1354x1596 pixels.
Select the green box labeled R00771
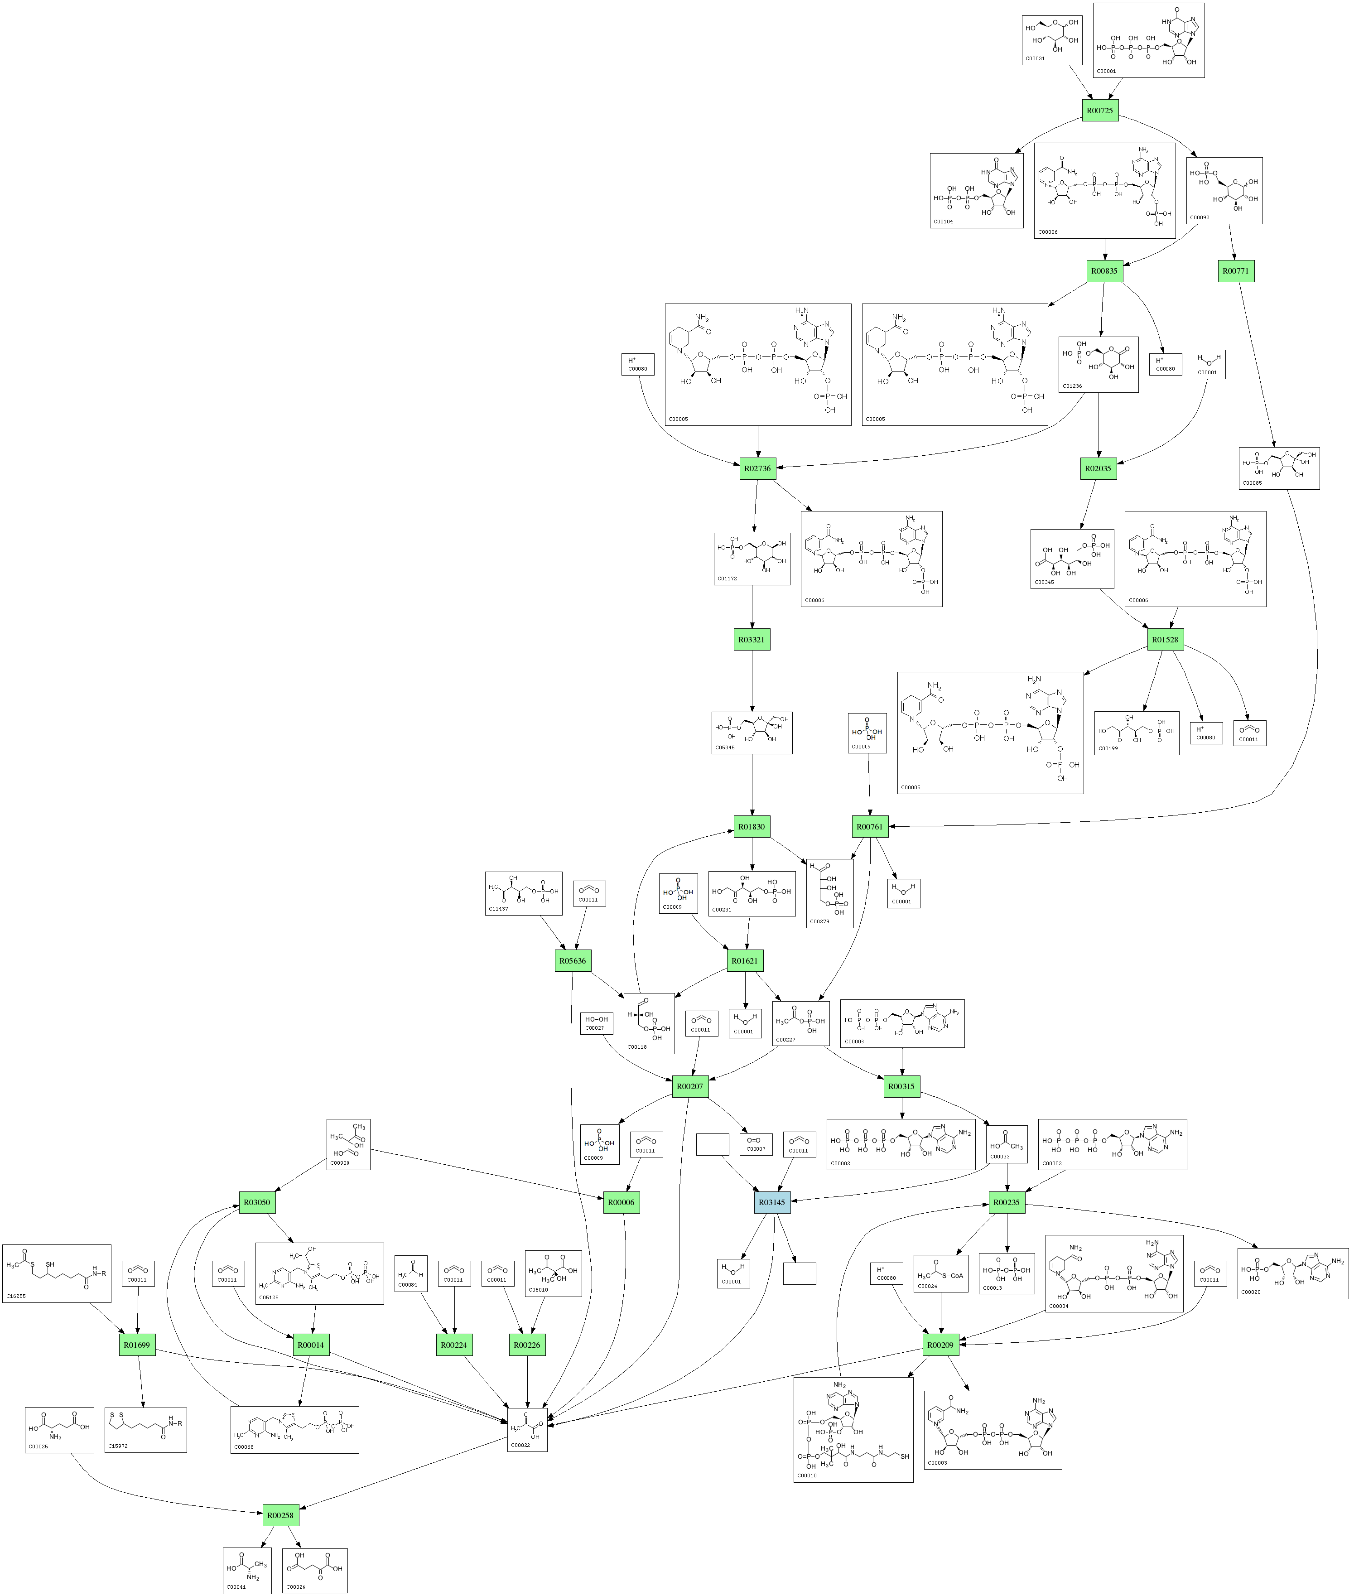pos(1236,271)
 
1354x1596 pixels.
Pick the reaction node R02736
pos(757,468)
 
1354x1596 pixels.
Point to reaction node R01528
pos(1165,640)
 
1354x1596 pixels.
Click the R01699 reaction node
pos(137,1345)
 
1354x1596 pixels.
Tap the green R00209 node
pos(940,1345)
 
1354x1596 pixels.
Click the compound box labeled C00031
pos(1051,40)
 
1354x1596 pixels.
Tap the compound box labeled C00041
pos(247,1571)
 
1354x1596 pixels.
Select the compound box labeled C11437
pos(524,893)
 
